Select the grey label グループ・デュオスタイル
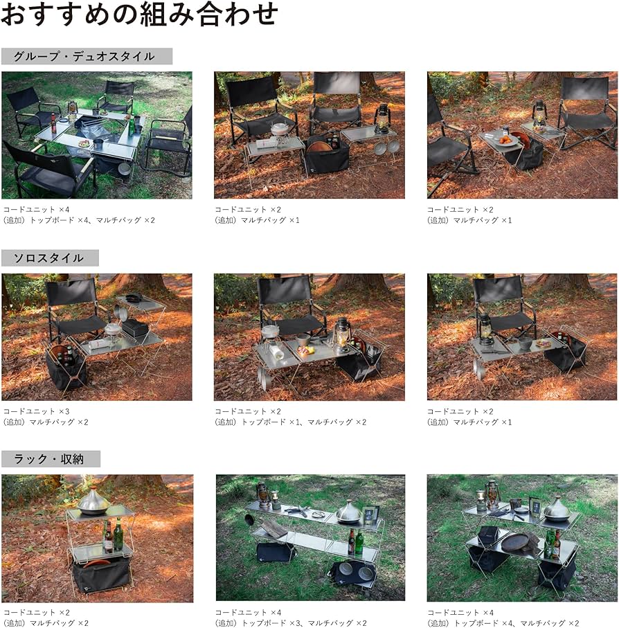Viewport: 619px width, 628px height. click(x=87, y=56)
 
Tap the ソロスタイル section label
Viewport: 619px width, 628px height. click(x=50, y=258)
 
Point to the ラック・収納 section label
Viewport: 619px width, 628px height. click(x=51, y=459)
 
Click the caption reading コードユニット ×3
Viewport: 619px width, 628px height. click(x=36, y=411)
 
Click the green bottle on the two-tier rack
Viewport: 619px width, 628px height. click(x=118, y=534)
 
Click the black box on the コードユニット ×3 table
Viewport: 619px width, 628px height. click(x=134, y=327)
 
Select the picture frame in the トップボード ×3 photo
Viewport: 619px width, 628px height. click(x=370, y=514)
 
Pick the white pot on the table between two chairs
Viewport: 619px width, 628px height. click(x=280, y=129)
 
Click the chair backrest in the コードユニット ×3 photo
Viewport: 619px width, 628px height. click(x=71, y=292)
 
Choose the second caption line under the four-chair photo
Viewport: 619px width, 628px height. click(x=79, y=220)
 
